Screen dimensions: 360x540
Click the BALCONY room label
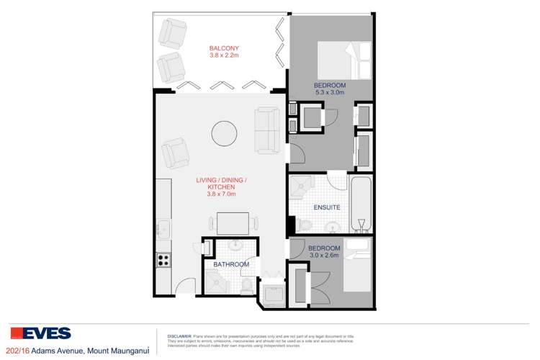click(215, 49)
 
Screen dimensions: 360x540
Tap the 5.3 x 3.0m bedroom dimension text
click(330, 93)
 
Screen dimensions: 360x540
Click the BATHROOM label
click(231, 265)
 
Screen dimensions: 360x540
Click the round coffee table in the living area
click(222, 132)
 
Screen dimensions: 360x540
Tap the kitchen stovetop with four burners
click(163, 261)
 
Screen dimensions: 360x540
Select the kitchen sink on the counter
click(163, 229)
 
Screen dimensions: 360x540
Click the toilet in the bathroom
click(247, 286)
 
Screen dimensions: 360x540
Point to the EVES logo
click(40, 333)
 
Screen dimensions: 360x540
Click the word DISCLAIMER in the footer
click(179, 336)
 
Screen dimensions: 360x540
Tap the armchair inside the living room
click(175, 152)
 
